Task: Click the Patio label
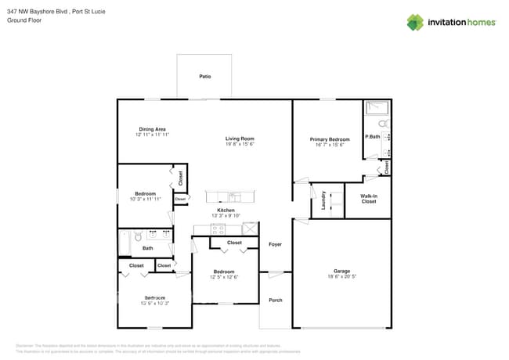204,77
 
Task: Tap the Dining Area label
152,129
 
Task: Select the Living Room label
240,139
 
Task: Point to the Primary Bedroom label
329,139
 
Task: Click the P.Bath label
372,137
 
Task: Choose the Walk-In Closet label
368,199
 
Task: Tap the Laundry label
323,201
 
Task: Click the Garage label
341,272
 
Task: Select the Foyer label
275,245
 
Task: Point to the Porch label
275,301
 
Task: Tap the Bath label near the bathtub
147,249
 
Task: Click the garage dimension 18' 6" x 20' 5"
341,277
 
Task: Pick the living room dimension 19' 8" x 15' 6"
240,144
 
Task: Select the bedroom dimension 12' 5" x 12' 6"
224,277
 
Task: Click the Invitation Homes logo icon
415,22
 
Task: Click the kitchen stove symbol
218,230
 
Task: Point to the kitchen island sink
233,196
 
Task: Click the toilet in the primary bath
383,124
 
